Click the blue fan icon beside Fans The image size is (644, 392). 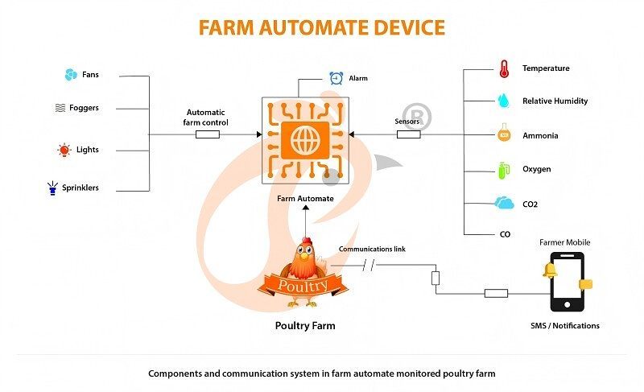70,75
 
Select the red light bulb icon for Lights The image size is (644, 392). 64,150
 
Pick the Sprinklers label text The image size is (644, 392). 92,188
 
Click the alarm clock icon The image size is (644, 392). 336,78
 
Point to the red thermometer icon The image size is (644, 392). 504,68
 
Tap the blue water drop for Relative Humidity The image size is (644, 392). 504,101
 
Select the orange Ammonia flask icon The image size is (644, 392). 504,134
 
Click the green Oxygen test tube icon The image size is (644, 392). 504,169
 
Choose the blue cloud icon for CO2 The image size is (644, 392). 505,204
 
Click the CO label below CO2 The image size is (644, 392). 506,233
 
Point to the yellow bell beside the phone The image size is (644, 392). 551,270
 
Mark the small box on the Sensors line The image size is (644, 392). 408,134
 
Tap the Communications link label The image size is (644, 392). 372,250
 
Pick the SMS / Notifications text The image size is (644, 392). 564,326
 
